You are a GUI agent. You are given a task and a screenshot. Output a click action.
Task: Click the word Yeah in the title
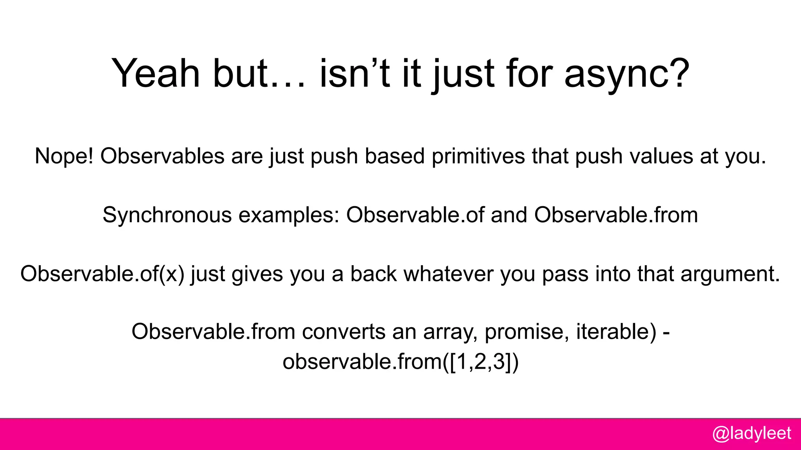[155, 73]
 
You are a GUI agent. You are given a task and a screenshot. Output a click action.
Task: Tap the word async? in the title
[627, 73]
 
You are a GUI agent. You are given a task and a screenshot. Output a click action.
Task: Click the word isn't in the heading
[354, 73]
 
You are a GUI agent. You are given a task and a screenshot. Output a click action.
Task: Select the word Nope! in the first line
[64, 156]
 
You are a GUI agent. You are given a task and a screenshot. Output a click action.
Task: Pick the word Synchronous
[167, 215]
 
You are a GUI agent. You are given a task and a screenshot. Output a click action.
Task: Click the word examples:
[289, 215]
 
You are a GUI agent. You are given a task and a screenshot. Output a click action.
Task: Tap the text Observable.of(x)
[102, 273]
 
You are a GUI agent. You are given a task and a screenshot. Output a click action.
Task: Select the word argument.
[730, 273]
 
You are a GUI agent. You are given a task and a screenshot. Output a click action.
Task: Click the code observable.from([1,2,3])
[400, 362]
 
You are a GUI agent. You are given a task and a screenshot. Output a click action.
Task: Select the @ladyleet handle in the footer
[751, 433]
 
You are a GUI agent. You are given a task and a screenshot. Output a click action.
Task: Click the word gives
[257, 273]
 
